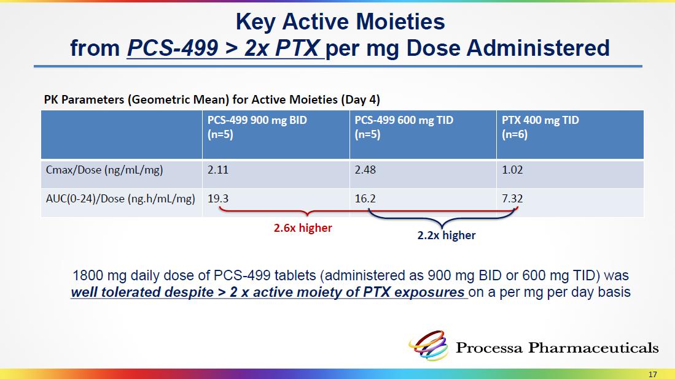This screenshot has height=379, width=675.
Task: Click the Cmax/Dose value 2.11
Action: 217,170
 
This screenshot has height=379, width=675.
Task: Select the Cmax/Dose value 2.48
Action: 365,170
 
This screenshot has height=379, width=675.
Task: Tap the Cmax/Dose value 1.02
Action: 512,170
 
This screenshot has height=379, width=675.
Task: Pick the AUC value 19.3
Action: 218,198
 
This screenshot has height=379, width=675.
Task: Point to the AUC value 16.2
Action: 365,198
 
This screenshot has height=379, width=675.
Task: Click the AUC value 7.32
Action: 512,198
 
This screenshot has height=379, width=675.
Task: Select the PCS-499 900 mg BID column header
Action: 257,126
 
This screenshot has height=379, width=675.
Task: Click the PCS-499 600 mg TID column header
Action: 404,126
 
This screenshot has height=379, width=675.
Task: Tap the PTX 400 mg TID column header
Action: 540,126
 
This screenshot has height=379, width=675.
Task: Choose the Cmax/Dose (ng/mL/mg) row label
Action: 104,170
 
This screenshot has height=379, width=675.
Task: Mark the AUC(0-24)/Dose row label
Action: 120,198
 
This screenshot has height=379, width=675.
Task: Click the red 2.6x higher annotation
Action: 302,228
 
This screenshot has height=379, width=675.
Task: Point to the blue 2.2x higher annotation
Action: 446,235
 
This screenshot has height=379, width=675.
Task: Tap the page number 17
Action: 652,374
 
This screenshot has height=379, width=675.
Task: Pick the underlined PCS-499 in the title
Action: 172,48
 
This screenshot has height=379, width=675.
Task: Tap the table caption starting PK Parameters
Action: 216,99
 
